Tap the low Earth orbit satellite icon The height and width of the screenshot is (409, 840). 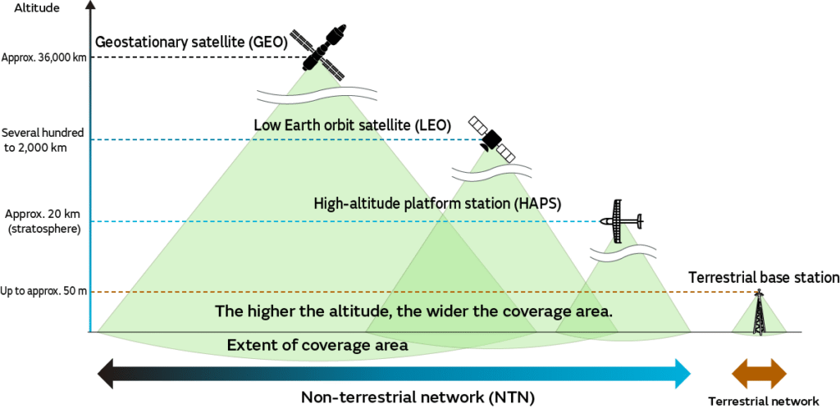tap(491, 139)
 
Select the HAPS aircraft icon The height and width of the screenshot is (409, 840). tap(621, 221)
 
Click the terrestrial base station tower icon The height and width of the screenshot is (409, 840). tap(759, 313)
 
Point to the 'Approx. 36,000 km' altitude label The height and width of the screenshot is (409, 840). tap(44, 57)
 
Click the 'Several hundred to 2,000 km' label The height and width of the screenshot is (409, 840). tap(43, 140)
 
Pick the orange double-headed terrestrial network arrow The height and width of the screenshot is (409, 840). tap(760, 373)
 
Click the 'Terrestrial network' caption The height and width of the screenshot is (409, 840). tap(764, 401)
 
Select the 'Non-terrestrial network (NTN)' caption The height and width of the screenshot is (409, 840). tap(418, 398)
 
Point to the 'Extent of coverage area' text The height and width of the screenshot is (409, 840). tap(317, 345)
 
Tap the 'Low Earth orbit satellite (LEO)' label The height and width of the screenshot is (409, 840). tap(353, 125)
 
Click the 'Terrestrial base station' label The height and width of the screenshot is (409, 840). tap(764, 278)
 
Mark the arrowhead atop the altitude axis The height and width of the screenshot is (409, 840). tap(92, 6)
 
